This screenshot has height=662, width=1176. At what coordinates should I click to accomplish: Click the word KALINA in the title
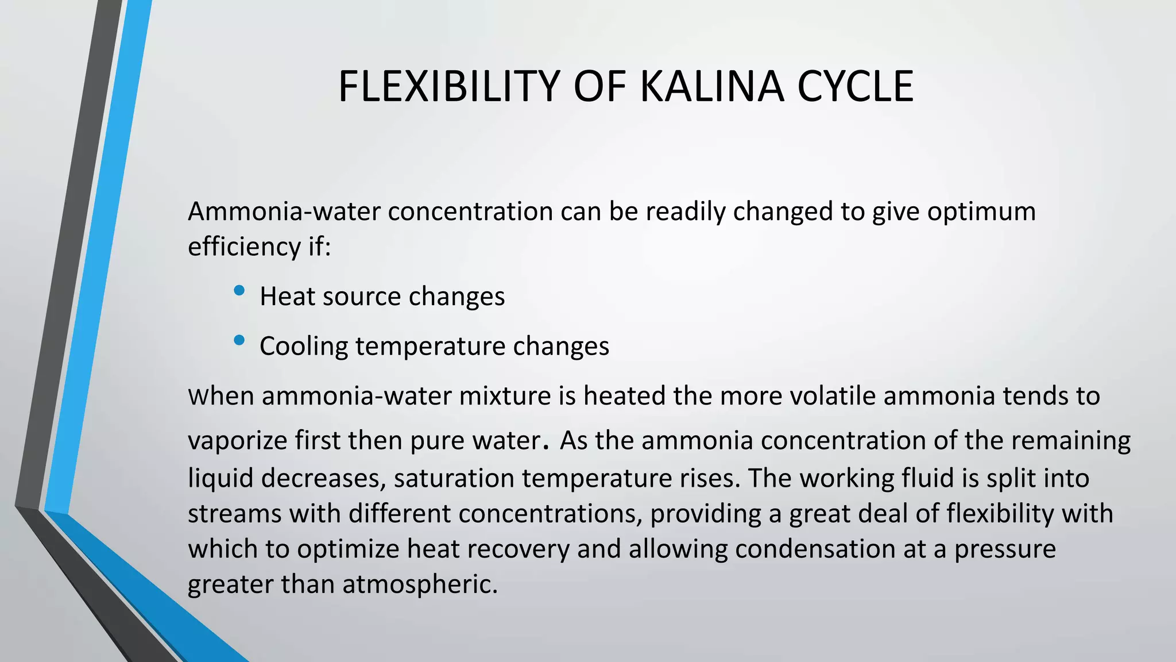point(711,86)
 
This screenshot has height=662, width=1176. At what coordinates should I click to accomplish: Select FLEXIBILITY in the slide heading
point(448,86)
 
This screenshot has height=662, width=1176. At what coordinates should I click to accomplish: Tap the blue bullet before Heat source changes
point(239,291)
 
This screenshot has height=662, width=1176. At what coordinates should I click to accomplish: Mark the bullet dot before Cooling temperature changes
point(239,341)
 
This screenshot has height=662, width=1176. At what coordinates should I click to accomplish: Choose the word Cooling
point(304,347)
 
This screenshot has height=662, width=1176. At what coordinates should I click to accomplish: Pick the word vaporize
point(238,441)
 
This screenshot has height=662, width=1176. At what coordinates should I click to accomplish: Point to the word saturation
point(454,478)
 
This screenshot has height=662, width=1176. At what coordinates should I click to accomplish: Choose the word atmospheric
point(420,584)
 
